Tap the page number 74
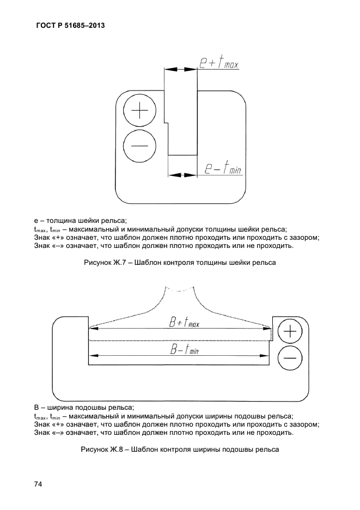(x=39, y=484)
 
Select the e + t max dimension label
(x=218, y=65)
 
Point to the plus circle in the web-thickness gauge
(x=140, y=112)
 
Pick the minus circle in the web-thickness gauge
(x=140, y=146)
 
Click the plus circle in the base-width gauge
(x=290, y=332)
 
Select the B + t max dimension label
(x=185, y=323)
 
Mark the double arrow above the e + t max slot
(x=180, y=69)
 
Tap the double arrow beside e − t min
(x=182, y=174)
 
